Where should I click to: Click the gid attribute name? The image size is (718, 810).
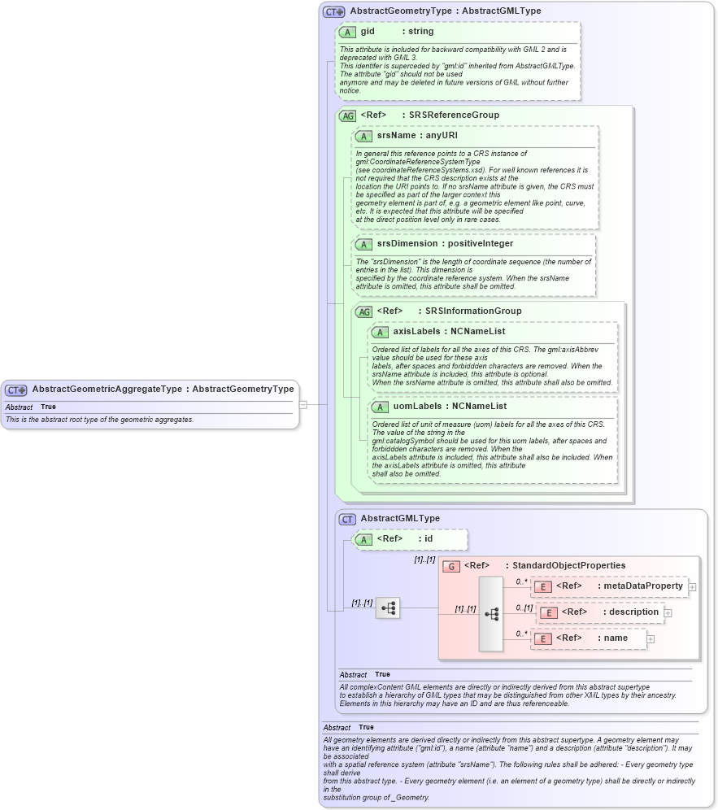368,32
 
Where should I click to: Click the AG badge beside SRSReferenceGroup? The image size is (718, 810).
347,116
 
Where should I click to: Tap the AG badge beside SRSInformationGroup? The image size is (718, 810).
363,311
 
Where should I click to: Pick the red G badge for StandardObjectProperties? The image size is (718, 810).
451,566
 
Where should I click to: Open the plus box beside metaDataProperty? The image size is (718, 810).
692,586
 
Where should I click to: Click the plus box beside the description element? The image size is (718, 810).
668,612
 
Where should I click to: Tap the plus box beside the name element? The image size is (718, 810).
651,639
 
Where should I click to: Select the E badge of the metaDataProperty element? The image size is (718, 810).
543,586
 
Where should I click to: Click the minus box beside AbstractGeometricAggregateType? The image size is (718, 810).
302,403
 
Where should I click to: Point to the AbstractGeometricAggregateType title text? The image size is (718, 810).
107,390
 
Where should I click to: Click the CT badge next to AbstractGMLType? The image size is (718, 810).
347,519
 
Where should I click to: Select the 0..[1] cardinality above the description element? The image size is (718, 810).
524,607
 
